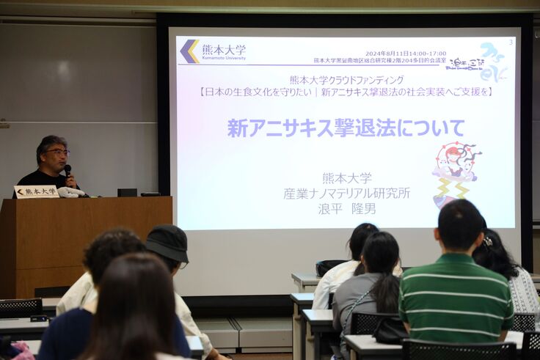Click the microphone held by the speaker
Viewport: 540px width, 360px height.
coord(67,171)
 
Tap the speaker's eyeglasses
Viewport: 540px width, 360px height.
coord(56,152)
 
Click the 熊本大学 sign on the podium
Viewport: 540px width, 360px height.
coord(36,191)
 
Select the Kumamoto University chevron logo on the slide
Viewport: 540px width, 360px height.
coord(189,51)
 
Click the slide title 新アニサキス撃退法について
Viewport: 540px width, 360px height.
coord(346,128)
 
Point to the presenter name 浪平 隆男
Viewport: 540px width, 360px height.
coord(346,208)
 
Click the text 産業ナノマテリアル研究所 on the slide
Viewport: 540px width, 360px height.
coord(346,193)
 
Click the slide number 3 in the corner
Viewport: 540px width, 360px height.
coord(511,42)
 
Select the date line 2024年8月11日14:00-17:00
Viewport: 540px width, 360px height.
coord(405,54)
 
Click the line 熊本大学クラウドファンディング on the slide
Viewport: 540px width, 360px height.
coord(346,80)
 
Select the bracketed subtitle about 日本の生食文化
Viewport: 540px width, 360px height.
coord(346,92)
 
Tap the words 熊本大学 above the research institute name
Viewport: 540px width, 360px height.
coord(346,178)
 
